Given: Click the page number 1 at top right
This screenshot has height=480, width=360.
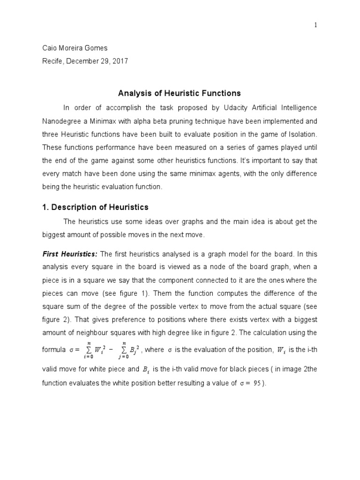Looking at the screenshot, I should click(x=315, y=26).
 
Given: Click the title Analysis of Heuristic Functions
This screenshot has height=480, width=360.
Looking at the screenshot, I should click(x=180, y=93).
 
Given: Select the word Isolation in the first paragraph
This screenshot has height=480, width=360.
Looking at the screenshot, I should click(x=300, y=134).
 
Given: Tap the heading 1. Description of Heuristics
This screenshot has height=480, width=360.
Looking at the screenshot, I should click(x=95, y=207).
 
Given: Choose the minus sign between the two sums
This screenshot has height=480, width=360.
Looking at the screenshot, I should click(x=111, y=349).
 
